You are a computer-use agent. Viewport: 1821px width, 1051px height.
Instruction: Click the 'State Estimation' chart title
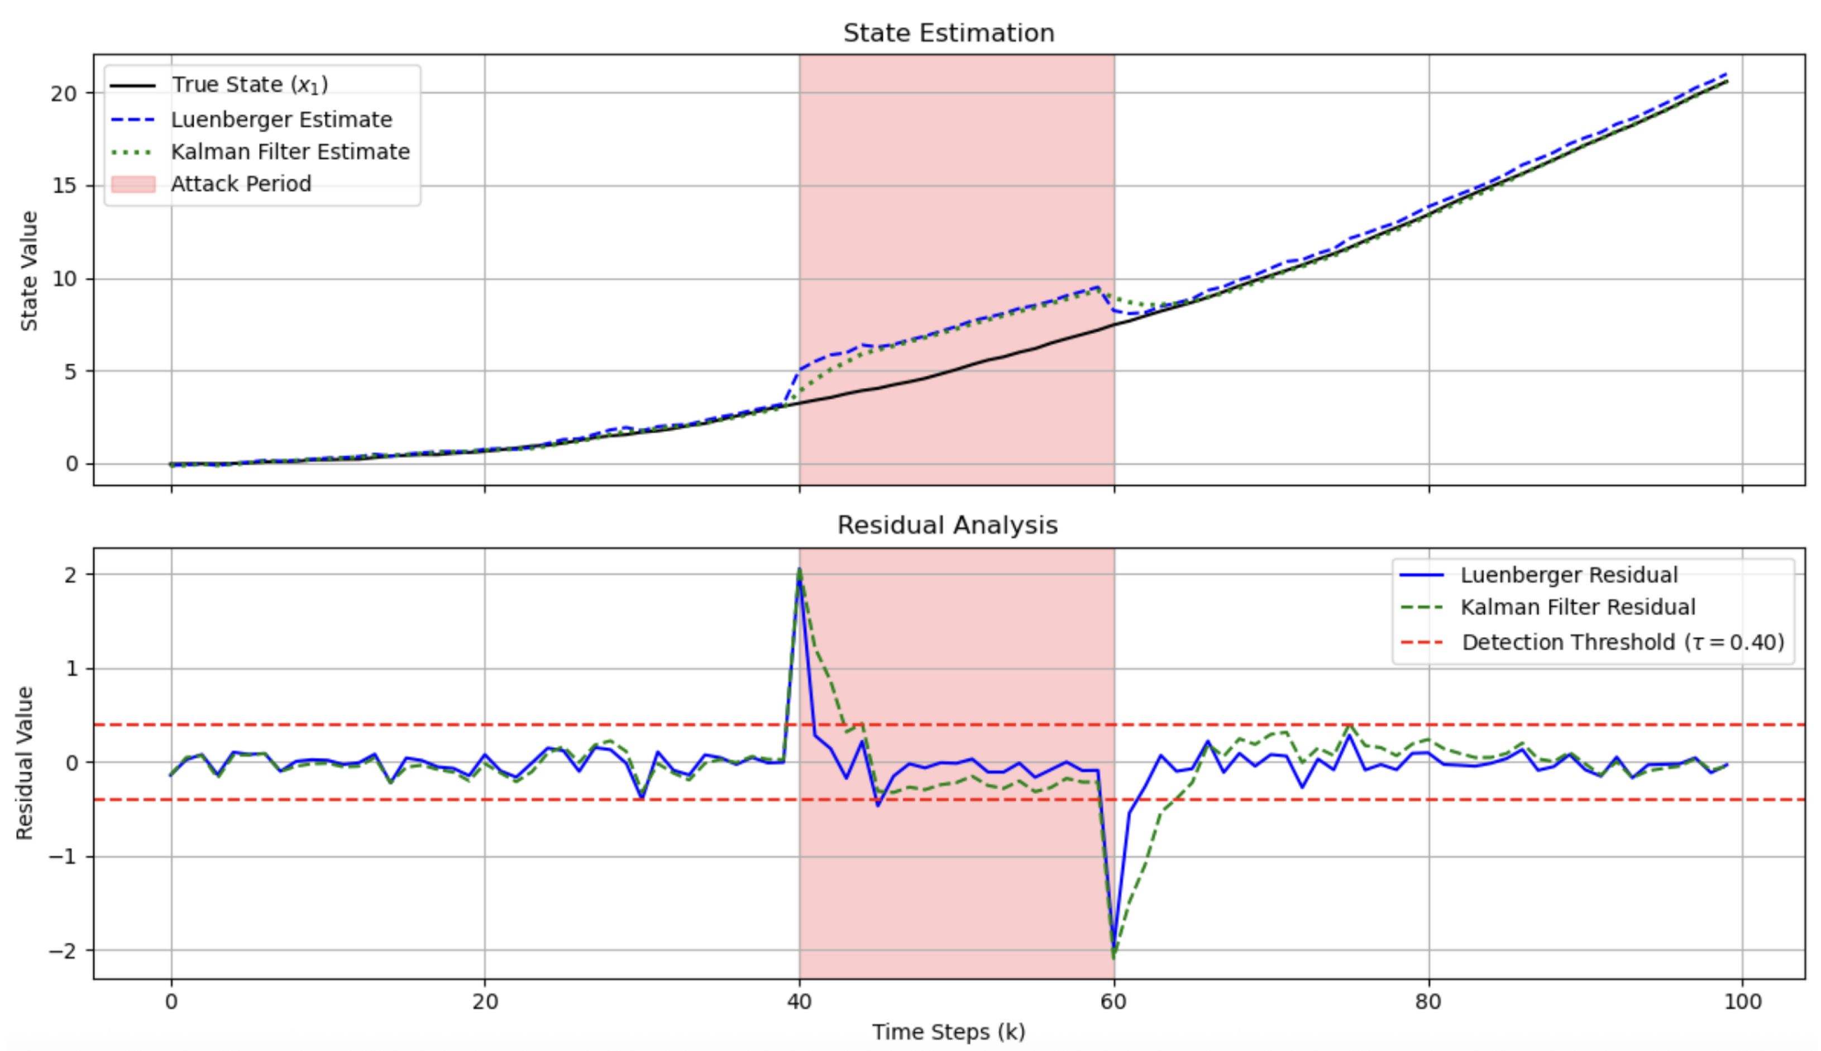pos(948,33)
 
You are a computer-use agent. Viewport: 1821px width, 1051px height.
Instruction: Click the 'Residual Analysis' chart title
pos(947,525)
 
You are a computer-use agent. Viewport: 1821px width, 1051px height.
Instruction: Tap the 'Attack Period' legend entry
pos(240,184)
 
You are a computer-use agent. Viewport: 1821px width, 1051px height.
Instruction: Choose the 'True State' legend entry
pos(249,85)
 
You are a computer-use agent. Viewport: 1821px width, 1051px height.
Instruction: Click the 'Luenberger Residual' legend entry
pos(1569,575)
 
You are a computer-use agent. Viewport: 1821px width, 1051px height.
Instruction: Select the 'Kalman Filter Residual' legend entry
pos(1577,607)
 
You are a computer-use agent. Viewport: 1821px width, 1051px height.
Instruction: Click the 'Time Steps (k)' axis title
pos(948,1031)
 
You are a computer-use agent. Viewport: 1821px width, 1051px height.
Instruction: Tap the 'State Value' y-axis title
pos(29,271)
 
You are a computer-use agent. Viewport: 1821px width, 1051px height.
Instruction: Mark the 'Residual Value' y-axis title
pos(25,763)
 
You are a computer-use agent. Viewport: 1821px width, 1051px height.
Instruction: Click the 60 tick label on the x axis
pos(1113,1002)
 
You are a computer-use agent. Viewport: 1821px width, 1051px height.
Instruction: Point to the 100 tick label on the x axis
pos(1742,1002)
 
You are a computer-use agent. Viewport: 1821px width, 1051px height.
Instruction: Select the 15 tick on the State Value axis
pos(65,186)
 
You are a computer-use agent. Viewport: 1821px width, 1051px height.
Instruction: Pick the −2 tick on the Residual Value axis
pos(63,950)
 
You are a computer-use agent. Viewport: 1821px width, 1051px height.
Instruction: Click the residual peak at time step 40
pos(800,570)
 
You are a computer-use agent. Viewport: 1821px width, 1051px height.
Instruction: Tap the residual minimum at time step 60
pos(1113,957)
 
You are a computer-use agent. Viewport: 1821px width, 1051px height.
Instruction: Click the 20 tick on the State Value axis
pos(65,93)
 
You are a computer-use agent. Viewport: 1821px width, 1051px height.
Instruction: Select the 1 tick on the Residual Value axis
pos(71,668)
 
